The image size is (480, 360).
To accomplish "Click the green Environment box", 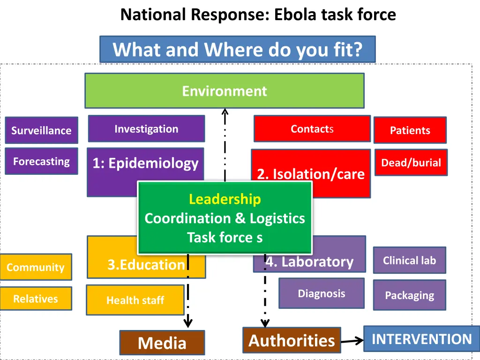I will click(x=224, y=90).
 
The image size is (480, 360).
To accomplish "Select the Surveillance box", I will click(x=41, y=130).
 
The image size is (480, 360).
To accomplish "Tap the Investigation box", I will click(x=146, y=128).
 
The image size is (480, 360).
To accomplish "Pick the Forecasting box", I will click(x=41, y=161).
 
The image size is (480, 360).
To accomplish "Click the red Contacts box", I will click(x=312, y=128).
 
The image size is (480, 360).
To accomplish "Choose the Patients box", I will click(x=410, y=130).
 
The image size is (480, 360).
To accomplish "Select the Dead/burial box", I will click(x=411, y=163).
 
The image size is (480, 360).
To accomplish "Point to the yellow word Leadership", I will click(x=225, y=199).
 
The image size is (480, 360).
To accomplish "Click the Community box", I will click(x=36, y=267).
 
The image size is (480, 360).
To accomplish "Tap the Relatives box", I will click(x=36, y=299).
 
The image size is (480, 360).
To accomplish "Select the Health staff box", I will click(x=135, y=300).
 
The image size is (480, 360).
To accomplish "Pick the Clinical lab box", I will click(x=409, y=260).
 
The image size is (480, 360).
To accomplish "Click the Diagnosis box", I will click(x=321, y=293).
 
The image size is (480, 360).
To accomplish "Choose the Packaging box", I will click(x=409, y=295).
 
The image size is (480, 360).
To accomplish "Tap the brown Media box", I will click(x=162, y=343).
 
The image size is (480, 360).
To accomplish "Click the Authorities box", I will click(x=292, y=340).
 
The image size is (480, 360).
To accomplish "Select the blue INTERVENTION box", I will click(x=421, y=339).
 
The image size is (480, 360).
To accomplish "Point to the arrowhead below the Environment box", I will click(x=225, y=112).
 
